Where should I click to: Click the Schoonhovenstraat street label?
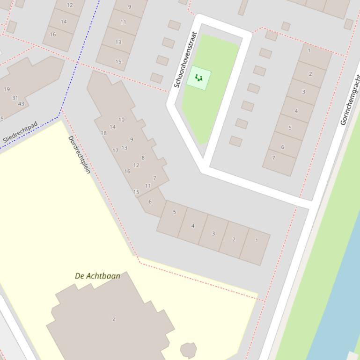(x=185, y=60)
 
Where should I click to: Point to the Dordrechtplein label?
(x=79, y=154)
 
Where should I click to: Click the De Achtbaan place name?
(x=97, y=276)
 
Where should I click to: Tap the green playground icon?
(x=199, y=78)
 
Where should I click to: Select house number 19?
(x=7, y=89)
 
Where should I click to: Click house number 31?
(x=15, y=98)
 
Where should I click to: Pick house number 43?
(x=21, y=103)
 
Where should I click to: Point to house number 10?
(x=121, y=119)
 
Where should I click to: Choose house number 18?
(x=103, y=133)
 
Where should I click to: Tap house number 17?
(x=115, y=151)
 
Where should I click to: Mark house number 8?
(x=143, y=158)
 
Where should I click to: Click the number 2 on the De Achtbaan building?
(x=114, y=318)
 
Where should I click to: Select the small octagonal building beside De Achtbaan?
(x=188, y=349)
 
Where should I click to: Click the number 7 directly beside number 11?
(x=154, y=178)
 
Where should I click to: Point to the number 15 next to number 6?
(x=136, y=192)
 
